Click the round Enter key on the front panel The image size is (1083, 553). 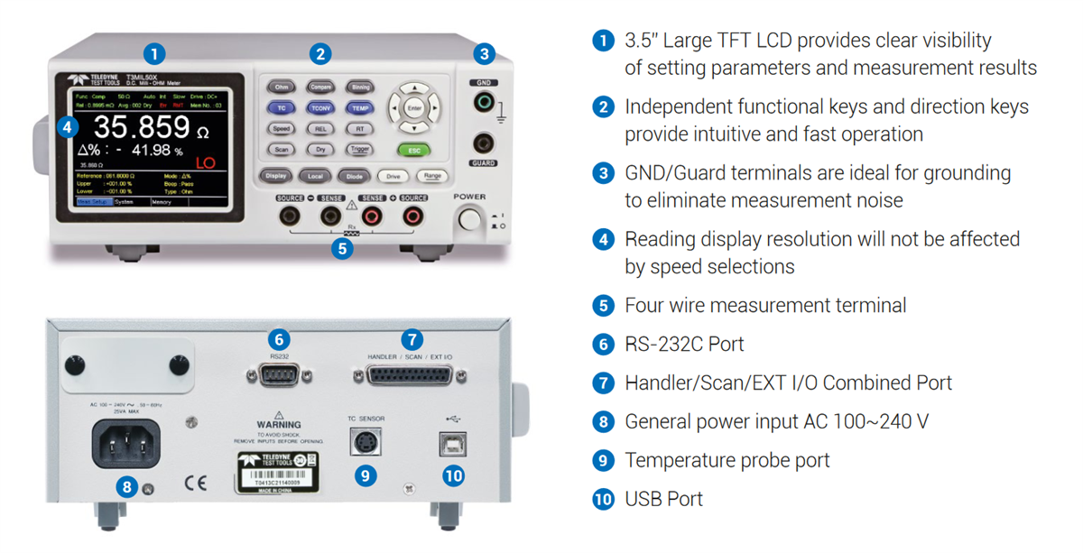[414, 107]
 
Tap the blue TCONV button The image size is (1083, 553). [320, 107]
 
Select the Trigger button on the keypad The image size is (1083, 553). [359, 150]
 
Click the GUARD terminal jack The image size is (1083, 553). [485, 142]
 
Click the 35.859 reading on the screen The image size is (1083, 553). [142, 127]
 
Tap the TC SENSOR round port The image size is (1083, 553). [365, 444]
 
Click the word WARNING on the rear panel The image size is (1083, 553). [278, 423]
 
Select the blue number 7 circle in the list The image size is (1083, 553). [603, 383]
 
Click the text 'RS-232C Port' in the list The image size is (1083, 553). [684, 345]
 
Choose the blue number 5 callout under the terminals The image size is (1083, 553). [341, 247]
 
